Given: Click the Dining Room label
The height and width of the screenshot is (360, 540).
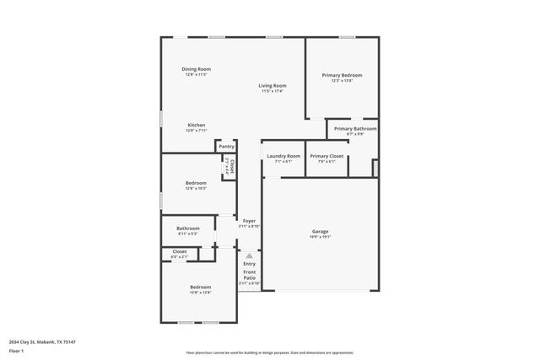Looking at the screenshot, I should (x=196, y=69).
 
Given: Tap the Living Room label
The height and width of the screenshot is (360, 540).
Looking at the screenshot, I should (x=272, y=85).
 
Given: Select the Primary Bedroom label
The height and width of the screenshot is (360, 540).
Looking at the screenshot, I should (x=342, y=75).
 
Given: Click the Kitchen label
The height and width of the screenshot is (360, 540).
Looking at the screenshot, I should (x=196, y=125).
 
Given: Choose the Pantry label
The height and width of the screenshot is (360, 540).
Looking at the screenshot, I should (x=227, y=146).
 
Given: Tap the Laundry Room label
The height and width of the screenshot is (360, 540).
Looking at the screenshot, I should (x=283, y=156).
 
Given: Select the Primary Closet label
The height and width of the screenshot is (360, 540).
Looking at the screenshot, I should (x=326, y=156).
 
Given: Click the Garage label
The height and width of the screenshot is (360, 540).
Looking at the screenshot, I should (x=320, y=231).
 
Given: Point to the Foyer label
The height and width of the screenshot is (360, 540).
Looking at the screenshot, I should (x=249, y=221).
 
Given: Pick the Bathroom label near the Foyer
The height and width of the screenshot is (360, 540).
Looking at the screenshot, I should (x=188, y=228).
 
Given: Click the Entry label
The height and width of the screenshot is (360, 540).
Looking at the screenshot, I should (x=249, y=264).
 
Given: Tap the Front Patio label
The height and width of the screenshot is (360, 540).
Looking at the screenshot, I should (x=249, y=274).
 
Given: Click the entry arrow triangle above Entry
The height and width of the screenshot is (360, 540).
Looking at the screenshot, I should (x=249, y=255).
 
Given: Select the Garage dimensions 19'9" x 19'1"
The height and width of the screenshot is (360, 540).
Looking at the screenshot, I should (x=320, y=237).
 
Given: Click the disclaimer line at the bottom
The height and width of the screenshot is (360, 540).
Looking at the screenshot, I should (x=269, y=352).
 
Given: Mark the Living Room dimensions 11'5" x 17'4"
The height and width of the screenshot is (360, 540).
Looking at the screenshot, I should (x=272, y=91).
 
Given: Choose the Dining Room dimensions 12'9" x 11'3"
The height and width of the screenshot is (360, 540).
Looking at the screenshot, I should (x=196, y=75).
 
